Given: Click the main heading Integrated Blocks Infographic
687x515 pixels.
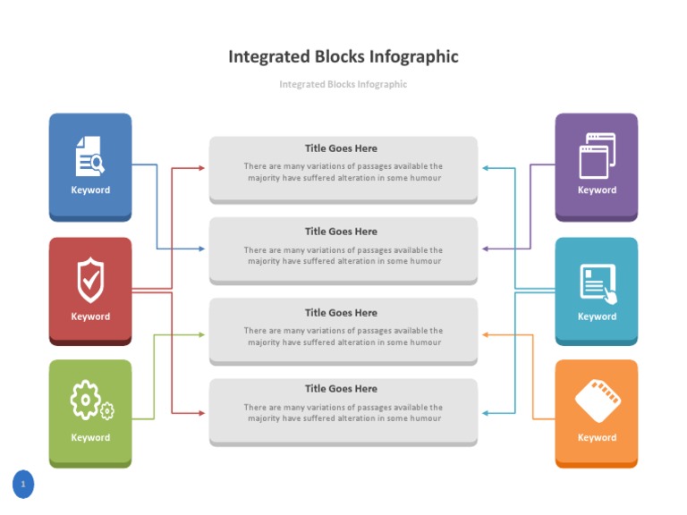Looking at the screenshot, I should [343, 56].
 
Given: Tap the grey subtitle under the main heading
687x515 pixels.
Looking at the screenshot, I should [343, 84].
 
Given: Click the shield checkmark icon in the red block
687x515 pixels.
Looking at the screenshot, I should [89, 280].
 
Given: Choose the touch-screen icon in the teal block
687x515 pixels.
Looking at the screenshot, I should [598, 282].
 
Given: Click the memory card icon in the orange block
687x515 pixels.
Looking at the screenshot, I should [598, 401].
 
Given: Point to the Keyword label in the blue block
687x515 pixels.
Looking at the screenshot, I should [90, 190].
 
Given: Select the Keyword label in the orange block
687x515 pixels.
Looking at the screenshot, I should [597, 437].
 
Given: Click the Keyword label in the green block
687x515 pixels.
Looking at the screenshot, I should [90, 437].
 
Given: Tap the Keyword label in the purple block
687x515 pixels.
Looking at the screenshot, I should [597, 190].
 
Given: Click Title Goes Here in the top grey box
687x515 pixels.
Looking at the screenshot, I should [341, 148].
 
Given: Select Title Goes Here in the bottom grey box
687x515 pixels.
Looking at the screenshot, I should [341, 389].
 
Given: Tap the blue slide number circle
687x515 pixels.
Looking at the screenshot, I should [23, 485].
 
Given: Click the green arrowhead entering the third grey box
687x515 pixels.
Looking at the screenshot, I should [201, 334].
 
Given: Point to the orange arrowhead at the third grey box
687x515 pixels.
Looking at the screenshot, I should [486, 334].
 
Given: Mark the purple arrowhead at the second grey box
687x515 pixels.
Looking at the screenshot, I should [486, 249].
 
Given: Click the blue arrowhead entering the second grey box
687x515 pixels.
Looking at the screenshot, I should [201, 249].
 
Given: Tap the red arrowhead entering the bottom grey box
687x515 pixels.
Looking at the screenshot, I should [201, 413].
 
